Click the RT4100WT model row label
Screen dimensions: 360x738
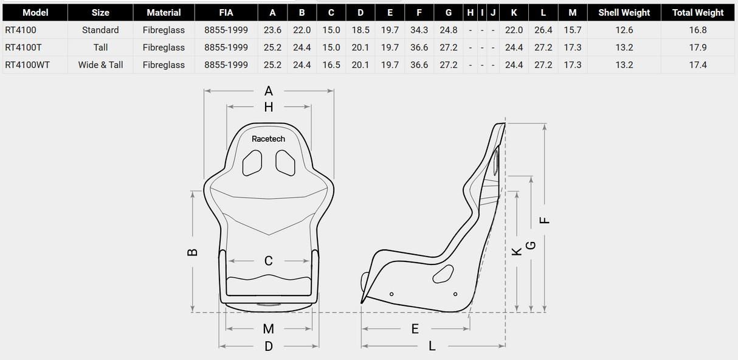pyautogui.click(x=27, y=64)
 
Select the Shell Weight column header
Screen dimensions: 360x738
pyautogui.click(x=624, y=12)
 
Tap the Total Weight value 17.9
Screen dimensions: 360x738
pyautogui.click(x=698, y=47)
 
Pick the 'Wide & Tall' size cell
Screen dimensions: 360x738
pyautogui.click(x=100, y=64)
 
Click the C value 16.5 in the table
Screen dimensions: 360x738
pyautogui.click(x=331, y=64)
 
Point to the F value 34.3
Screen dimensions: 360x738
pyautogui.click(x=419, y=30)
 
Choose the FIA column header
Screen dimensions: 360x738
pyautogui.click(x=226, y=12)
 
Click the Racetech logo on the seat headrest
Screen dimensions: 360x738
pyautogui.click(x=268, y=139)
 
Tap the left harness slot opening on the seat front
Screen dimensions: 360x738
pyautogui.click(x=252, y=162)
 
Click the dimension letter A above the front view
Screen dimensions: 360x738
pyautogui.click(x=269, y=91)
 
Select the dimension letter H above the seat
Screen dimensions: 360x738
pyautogui.click(x=269, y=107)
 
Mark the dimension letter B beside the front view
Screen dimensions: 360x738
pyautogui.click(x=192, y=251)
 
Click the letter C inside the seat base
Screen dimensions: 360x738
pyautogui.click(x=269, y=261)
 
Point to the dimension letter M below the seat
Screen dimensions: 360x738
pyautogui.click(x=269, y=329)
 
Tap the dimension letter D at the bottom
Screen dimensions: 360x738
pyautogui.click(x=269, y=346)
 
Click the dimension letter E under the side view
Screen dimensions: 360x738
pyautogui.click(x=415, y=329)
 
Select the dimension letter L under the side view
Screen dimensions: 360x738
pyautogui.click(x=432, y=346)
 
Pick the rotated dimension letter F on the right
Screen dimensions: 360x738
pyautogui.click(x=545, y=221)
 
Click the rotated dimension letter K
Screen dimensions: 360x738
pyautogui.click(x=517, y=251)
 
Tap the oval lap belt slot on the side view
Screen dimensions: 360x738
pyautogui.click(x=443, y=274)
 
